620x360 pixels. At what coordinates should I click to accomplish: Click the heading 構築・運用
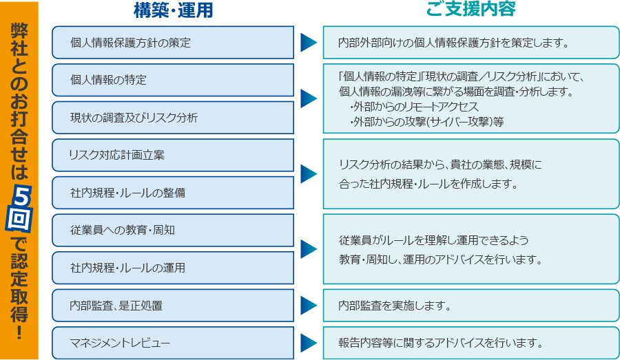pos(173,10)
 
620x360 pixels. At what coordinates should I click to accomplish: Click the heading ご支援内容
pos(471,10)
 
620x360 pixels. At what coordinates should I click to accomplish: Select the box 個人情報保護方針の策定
pos(173,43)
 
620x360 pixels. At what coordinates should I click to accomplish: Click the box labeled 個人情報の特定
pos(173,80)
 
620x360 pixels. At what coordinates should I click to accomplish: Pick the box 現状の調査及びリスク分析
pos(173,118)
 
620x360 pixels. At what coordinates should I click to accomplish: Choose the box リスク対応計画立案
pos(173,155)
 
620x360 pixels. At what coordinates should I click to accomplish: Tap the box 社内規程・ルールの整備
pos(173,193)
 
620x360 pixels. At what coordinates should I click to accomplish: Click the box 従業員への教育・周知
pos(173,230)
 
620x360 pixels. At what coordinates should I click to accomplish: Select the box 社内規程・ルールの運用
pos(173,268)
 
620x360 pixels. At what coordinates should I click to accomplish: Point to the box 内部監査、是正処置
pos(173,305)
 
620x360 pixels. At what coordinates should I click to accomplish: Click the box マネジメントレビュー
pos(173,343)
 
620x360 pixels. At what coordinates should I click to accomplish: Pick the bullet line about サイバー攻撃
pos(426,121)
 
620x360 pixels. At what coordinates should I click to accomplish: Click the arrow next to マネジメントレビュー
pos(308,343)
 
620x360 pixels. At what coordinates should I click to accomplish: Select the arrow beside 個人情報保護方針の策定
pos(308,43)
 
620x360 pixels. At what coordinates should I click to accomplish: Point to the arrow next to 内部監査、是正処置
pos(308,305)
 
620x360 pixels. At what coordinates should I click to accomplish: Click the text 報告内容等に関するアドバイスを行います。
pos(441,343)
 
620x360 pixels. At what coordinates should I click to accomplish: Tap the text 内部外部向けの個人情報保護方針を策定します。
pos(453,43)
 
